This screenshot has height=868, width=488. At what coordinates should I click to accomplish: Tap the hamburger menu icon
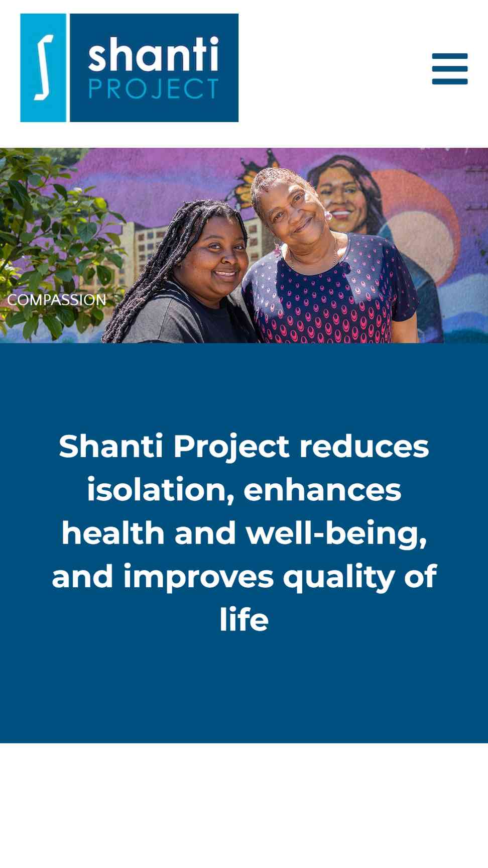point(450,69)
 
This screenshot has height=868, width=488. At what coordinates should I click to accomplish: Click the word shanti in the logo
point(154,54)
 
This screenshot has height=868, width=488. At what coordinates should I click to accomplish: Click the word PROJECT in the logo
point(154,89)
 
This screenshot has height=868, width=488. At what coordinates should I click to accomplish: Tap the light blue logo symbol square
point(43,68)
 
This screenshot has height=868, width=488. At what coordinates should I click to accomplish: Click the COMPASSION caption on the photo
point(57,300)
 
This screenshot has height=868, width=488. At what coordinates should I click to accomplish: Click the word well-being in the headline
point(336,533)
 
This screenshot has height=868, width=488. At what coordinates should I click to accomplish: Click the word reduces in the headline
point(364,447)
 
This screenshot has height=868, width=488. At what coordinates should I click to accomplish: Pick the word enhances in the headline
point(322,490)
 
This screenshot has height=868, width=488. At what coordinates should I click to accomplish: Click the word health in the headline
point(113,533)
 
